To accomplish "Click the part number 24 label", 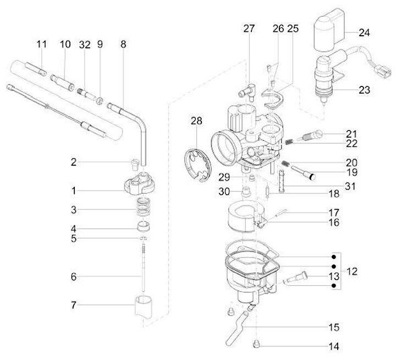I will [365, 32].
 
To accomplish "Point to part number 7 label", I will [73, 304].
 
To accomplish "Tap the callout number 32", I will [84, 45].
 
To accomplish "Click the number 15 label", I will [334, 328].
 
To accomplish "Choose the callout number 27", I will [249, 29].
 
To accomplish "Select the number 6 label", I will [73, 277].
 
